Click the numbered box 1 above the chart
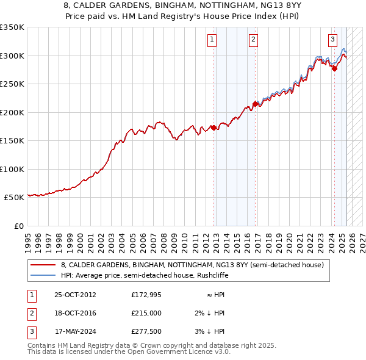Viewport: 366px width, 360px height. point(212,40)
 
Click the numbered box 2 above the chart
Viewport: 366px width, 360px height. point(253,40)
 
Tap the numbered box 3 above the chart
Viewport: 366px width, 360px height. point(332,40)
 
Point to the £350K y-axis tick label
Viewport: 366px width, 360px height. point(12,27)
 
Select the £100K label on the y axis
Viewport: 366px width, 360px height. point(12,169)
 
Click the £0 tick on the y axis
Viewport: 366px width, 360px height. point(19,226)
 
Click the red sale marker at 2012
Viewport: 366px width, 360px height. point(214,128)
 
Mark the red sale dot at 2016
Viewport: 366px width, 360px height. point(255,104)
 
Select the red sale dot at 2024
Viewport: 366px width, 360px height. point(334,69)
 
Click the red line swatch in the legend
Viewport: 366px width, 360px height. point(43,265)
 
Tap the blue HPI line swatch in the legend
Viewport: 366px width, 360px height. point(43,275)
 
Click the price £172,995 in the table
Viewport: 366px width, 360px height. point(146,295)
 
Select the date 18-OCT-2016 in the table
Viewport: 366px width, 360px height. point(76,313)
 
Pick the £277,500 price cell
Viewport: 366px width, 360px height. point(146,331)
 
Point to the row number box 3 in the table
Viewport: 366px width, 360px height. point(32,331)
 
